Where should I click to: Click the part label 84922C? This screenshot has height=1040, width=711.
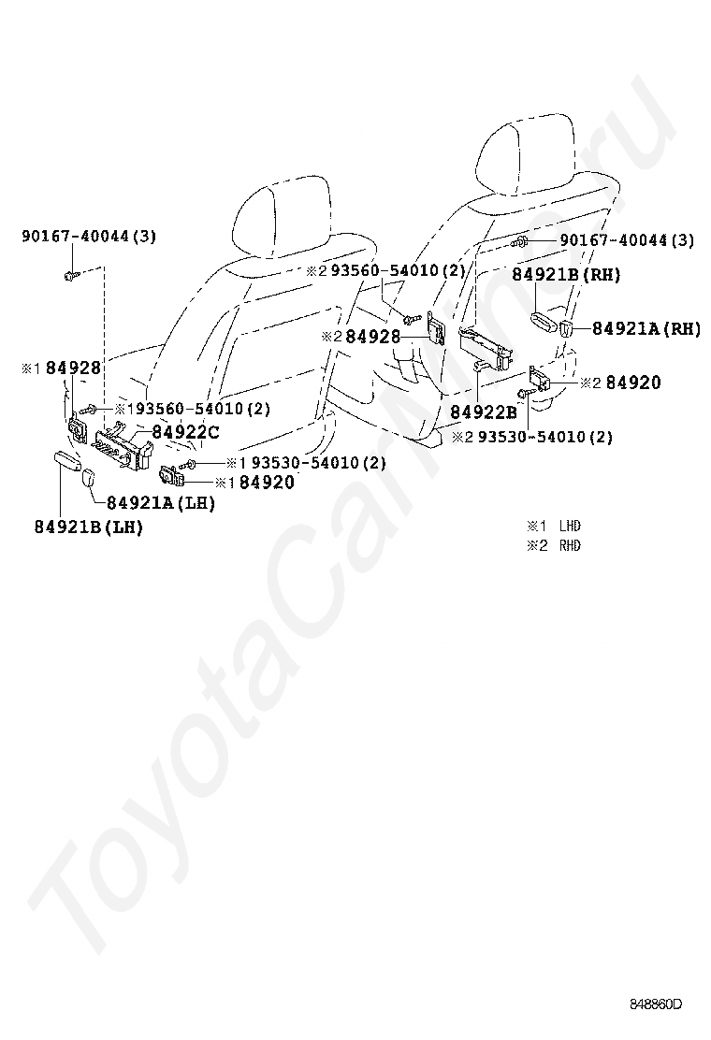pos(185,431)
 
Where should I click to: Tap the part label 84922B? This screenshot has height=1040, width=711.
pos(483,412)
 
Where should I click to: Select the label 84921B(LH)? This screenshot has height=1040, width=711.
pos(89,527)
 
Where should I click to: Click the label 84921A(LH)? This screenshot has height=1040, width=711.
pos(160,502)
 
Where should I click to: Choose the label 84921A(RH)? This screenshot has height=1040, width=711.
pos(646,328)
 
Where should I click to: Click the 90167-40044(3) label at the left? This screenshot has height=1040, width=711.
pos(89,237)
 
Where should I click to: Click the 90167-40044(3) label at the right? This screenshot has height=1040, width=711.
pos(627,240)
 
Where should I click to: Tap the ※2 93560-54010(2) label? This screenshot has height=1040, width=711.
pos(385,270)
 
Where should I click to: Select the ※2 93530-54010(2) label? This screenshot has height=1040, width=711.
pos(532,437)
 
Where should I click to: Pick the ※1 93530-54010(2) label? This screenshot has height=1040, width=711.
pos(306,463)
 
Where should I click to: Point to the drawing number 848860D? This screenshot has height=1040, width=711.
pos(655,1005)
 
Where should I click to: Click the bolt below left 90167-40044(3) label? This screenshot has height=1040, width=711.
pos(72,275)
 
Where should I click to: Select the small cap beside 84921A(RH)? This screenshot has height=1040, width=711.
pos(568,327)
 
